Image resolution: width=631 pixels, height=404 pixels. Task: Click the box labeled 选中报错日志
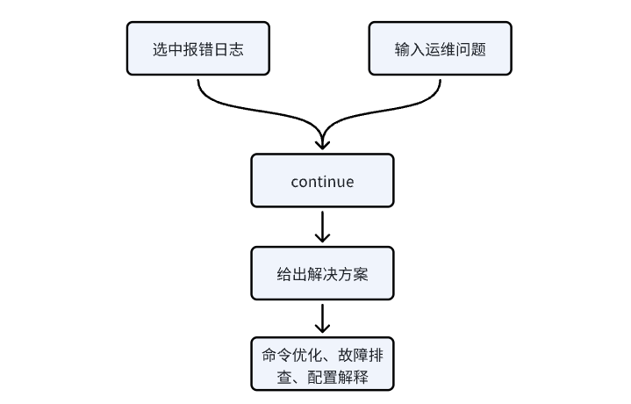(x=197, y=48)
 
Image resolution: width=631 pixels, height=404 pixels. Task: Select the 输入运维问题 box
(x=440, y=48)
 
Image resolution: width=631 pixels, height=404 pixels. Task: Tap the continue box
(x=322, y=182)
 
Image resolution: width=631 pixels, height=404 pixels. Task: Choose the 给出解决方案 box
(x=322, y=274)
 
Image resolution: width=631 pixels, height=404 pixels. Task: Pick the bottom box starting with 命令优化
(x=322, y=364)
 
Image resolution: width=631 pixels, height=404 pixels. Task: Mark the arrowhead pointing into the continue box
(x=322, y=141)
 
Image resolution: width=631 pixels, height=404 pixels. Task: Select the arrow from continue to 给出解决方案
(x=322, y=226)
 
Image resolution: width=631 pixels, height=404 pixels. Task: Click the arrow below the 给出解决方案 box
(x=322, y=317)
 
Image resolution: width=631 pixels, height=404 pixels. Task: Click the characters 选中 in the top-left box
(x=164, y=49)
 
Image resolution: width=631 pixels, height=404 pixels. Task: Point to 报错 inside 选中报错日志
(x=197, y=49)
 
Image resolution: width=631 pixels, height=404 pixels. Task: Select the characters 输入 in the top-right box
(x=406, y=49)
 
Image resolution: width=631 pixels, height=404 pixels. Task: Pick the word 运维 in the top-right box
(x=440, y=49)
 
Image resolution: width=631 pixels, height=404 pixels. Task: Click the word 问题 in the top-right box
(x=473, y=49)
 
